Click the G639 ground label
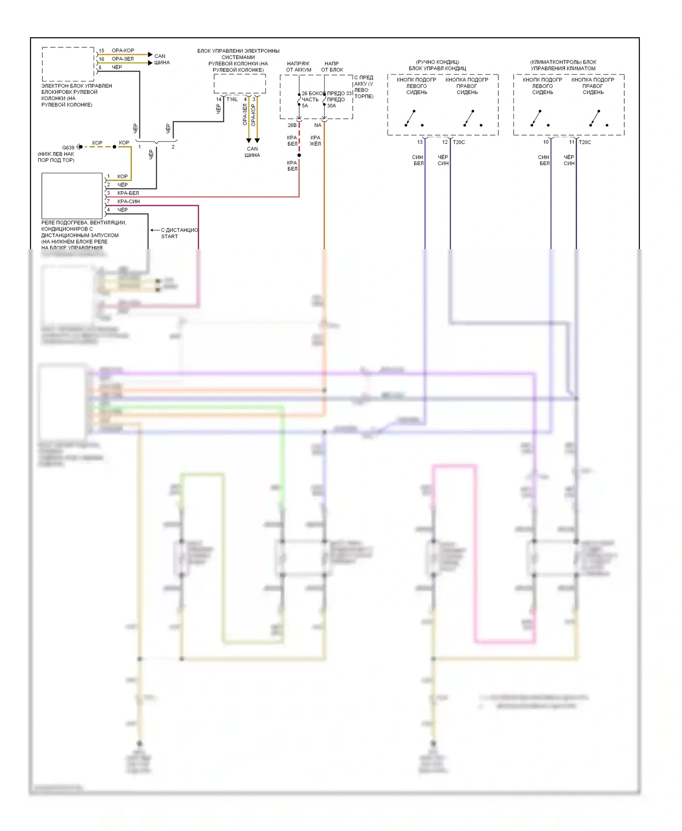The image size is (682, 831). click(68, 148)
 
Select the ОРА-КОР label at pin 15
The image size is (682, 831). click(123, 50)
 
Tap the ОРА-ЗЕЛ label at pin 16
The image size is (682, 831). click(122, 59)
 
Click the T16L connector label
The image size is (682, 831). click(232, 99)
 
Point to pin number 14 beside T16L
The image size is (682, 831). click(219, 99)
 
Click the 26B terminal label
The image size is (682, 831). click(292, 125)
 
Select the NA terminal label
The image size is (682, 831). click(318, 125)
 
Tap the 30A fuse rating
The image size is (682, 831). click(331, 106)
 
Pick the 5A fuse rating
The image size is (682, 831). click(305, 106)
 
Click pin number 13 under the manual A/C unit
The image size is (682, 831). click(420, 142)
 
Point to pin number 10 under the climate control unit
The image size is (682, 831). click(546, 142)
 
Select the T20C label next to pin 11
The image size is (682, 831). click(585, 142)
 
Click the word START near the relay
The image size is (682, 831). click(169, 236)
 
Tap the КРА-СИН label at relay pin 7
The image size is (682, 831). click(128, 201)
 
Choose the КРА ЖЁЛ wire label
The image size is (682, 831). click(315, 140)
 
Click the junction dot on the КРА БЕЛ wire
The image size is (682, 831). click(299, 155)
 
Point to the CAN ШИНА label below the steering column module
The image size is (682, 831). click(252, 152)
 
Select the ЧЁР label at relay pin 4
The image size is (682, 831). click(122, 210)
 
